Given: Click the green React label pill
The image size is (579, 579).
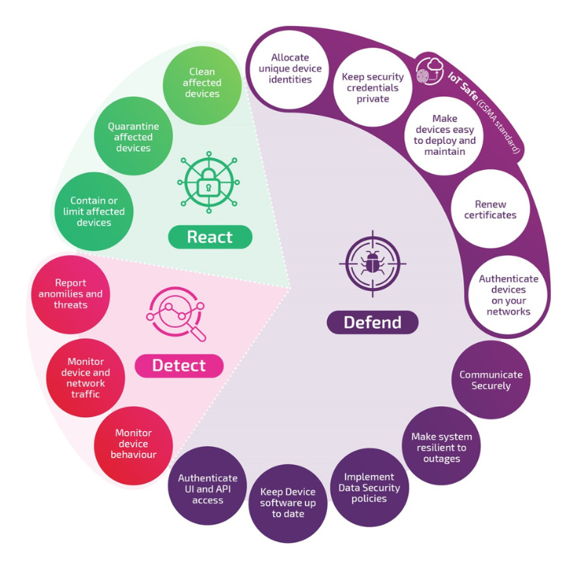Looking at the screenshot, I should coord(209,237).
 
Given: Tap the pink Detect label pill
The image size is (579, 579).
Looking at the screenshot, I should coord(179,365).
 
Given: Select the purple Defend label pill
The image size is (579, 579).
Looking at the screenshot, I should coord(372,322).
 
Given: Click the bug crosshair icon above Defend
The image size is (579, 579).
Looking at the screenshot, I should coord(372,264).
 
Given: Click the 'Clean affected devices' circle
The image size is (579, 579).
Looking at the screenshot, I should coord(202,84).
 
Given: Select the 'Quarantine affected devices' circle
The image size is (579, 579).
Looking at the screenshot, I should coord(134,137).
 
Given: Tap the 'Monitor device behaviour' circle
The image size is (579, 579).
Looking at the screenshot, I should coord(134,444).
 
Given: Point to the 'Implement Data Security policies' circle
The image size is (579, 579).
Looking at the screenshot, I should coord(369,487).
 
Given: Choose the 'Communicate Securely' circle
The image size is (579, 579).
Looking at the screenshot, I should coord(491,380).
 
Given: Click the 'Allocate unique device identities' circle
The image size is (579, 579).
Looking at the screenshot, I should coord(290,69).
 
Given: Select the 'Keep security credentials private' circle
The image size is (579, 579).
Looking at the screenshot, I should coord(372,88).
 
